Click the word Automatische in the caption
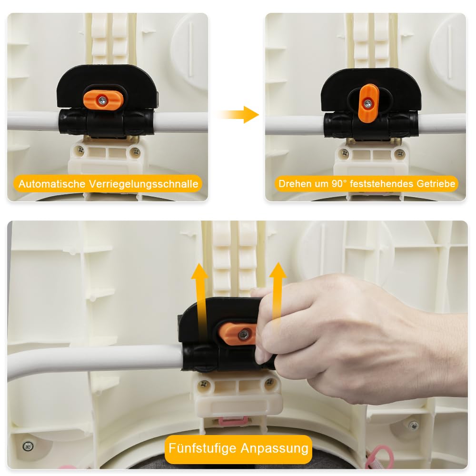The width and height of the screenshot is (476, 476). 51,184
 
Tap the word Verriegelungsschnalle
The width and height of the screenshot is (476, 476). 144,184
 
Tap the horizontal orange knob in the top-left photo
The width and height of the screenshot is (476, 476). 103,99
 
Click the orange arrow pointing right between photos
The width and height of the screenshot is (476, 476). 239,115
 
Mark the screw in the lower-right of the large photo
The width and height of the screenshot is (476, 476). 413,426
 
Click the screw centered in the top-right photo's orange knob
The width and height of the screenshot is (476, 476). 368,103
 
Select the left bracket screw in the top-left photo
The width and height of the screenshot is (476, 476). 80,149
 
